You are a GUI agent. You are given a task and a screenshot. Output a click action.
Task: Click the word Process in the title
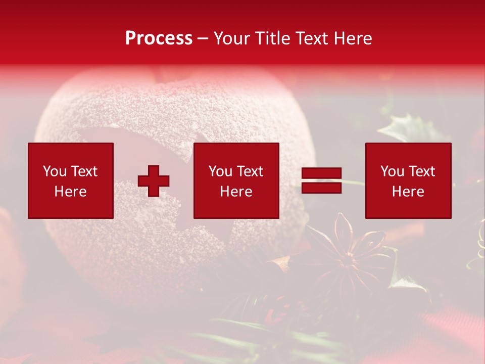click(x=159, y=38)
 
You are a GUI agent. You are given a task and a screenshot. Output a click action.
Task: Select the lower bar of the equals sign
click(x=321, y=188)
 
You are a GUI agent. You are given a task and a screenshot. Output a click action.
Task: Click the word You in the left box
click(x=55, y=171)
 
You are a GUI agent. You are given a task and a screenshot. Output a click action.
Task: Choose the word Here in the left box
click(x=70, y=192)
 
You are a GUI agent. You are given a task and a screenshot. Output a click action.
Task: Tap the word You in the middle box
click(x=220, y=171)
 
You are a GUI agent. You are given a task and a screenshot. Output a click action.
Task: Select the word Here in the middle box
click(x=236, y=192)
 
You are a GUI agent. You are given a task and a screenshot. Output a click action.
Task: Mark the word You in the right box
click(x=392, y=171)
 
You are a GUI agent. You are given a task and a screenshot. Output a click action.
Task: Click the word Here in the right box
click(x=408, y=192)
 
